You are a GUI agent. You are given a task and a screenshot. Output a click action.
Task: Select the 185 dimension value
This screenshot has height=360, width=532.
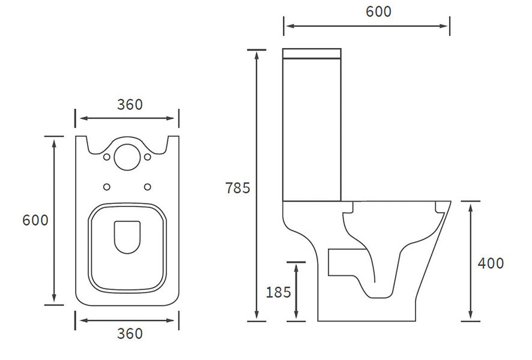pyautogui.click(x=278, y=292)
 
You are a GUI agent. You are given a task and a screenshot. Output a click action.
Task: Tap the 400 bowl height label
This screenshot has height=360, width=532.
pyautogui.click(x=491, y=263)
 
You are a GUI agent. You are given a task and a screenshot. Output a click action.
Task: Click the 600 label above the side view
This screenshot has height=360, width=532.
pyautogui.click(x=378, y=11)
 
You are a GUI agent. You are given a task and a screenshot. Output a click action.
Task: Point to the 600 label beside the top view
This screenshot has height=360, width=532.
pyautogui.click(x=35, y=220)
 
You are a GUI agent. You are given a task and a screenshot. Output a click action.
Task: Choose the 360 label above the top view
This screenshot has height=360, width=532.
pyautogui.click(x=130, y=104)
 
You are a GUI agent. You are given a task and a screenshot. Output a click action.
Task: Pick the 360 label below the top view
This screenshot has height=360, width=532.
pyautogui.click(x=130, y=334)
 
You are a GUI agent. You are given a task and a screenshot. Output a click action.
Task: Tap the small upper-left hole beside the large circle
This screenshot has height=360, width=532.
pyautogui.click(x=107, y=157)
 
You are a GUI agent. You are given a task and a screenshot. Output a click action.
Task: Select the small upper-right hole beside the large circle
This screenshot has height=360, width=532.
pyautogui.click(x=147, y=157)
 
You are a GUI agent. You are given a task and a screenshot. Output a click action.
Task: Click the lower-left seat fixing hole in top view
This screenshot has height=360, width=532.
pyautogui.click(x=107, y=187)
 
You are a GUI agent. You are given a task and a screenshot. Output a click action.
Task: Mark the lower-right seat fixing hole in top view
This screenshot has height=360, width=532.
pyautogui.click(x=147, y=187)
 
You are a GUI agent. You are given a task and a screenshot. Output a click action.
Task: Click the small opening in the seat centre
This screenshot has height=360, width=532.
pyautogui.click(x=127, y=236)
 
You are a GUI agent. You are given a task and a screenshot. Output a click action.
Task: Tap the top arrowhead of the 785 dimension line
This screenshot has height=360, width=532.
pyautogui.click(x=256, y=54)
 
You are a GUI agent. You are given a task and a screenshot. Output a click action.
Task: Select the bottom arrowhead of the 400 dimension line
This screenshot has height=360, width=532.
pyautogui.click(x=471, y=316)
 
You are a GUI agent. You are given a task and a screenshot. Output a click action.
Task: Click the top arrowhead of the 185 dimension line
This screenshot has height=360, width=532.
pyautogui.click(x=296, y=266)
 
